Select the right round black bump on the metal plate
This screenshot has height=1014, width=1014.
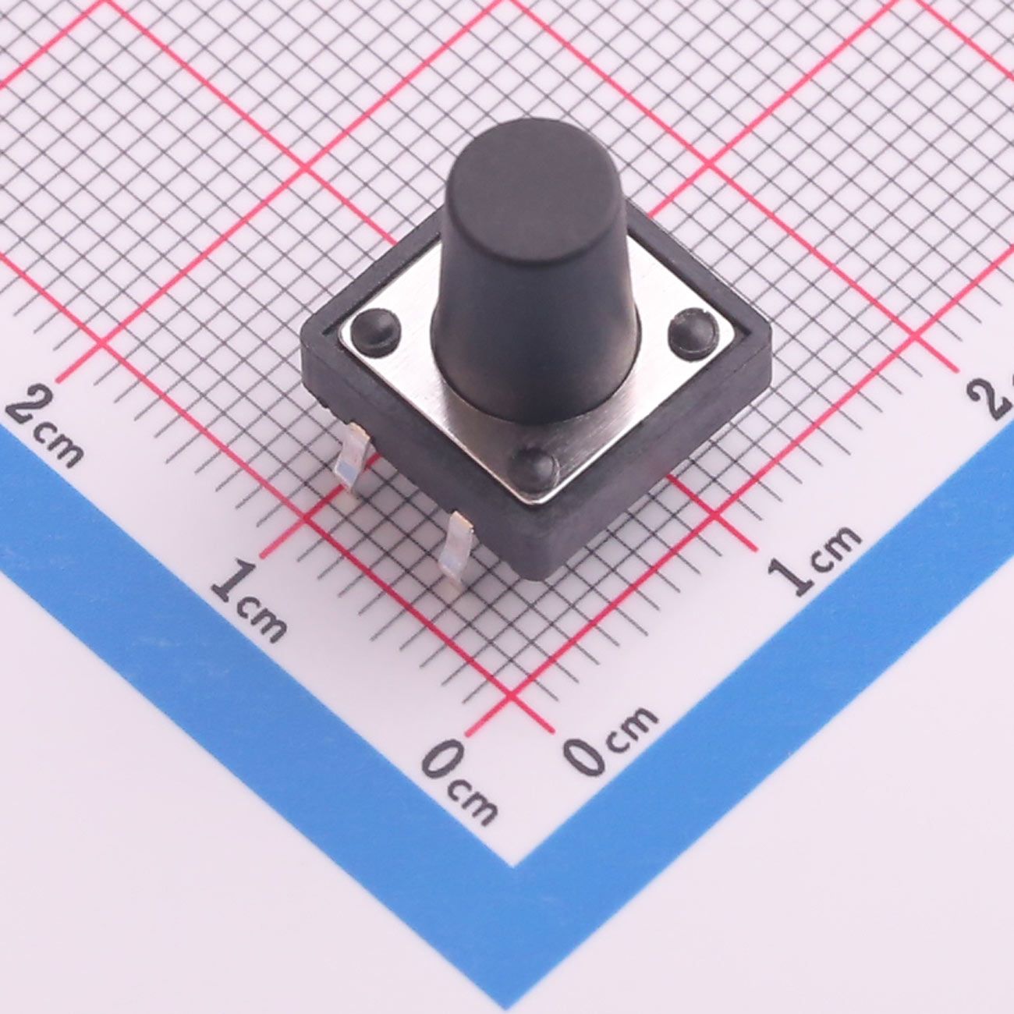[691, 332]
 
